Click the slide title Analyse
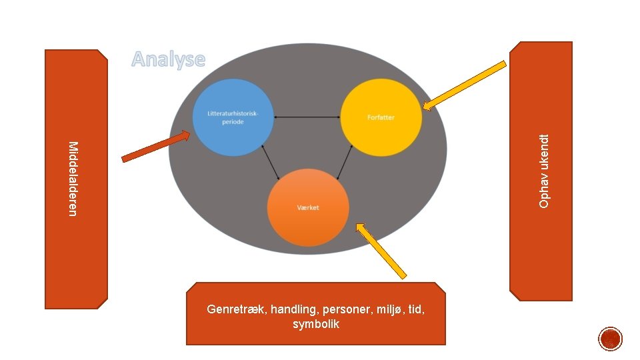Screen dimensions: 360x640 pos(168,59)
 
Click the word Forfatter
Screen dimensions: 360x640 pos(381,117)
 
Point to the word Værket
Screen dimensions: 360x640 pos(308,207)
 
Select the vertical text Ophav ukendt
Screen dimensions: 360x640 pos(544,171)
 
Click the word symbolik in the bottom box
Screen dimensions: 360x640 pos(316,325)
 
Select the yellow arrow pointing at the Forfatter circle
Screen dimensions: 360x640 pos(465,85)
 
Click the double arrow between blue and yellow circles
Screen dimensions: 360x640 pos(305,117)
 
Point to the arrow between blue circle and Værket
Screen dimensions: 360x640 pos(271,161)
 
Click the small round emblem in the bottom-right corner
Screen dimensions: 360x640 pos(610,339)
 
